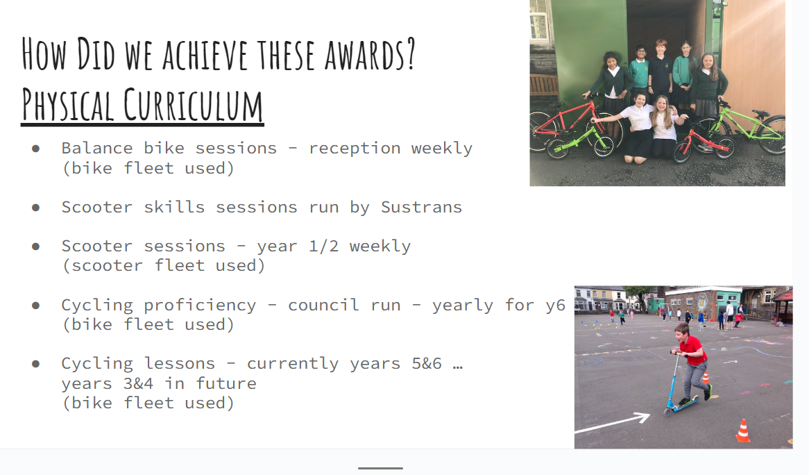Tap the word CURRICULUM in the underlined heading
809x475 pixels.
(193, 105)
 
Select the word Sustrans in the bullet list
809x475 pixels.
(422, 207)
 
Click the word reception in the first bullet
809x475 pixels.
(355, 149)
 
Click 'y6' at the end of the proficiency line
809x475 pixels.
(556, 306)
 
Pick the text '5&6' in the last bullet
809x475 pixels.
(427, 363)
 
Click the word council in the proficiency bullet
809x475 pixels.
(323, 305)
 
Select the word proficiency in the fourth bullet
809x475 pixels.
(201, 306)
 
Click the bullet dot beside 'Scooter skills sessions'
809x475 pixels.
(35, 208)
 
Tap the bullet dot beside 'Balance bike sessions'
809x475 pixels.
(35, 149)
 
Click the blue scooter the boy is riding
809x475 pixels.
(681, 385)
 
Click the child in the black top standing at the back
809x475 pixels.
(661, 72)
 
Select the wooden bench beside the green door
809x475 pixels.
(544, 85)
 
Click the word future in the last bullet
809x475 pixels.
(226, 383)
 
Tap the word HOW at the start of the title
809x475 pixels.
(44, 54)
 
